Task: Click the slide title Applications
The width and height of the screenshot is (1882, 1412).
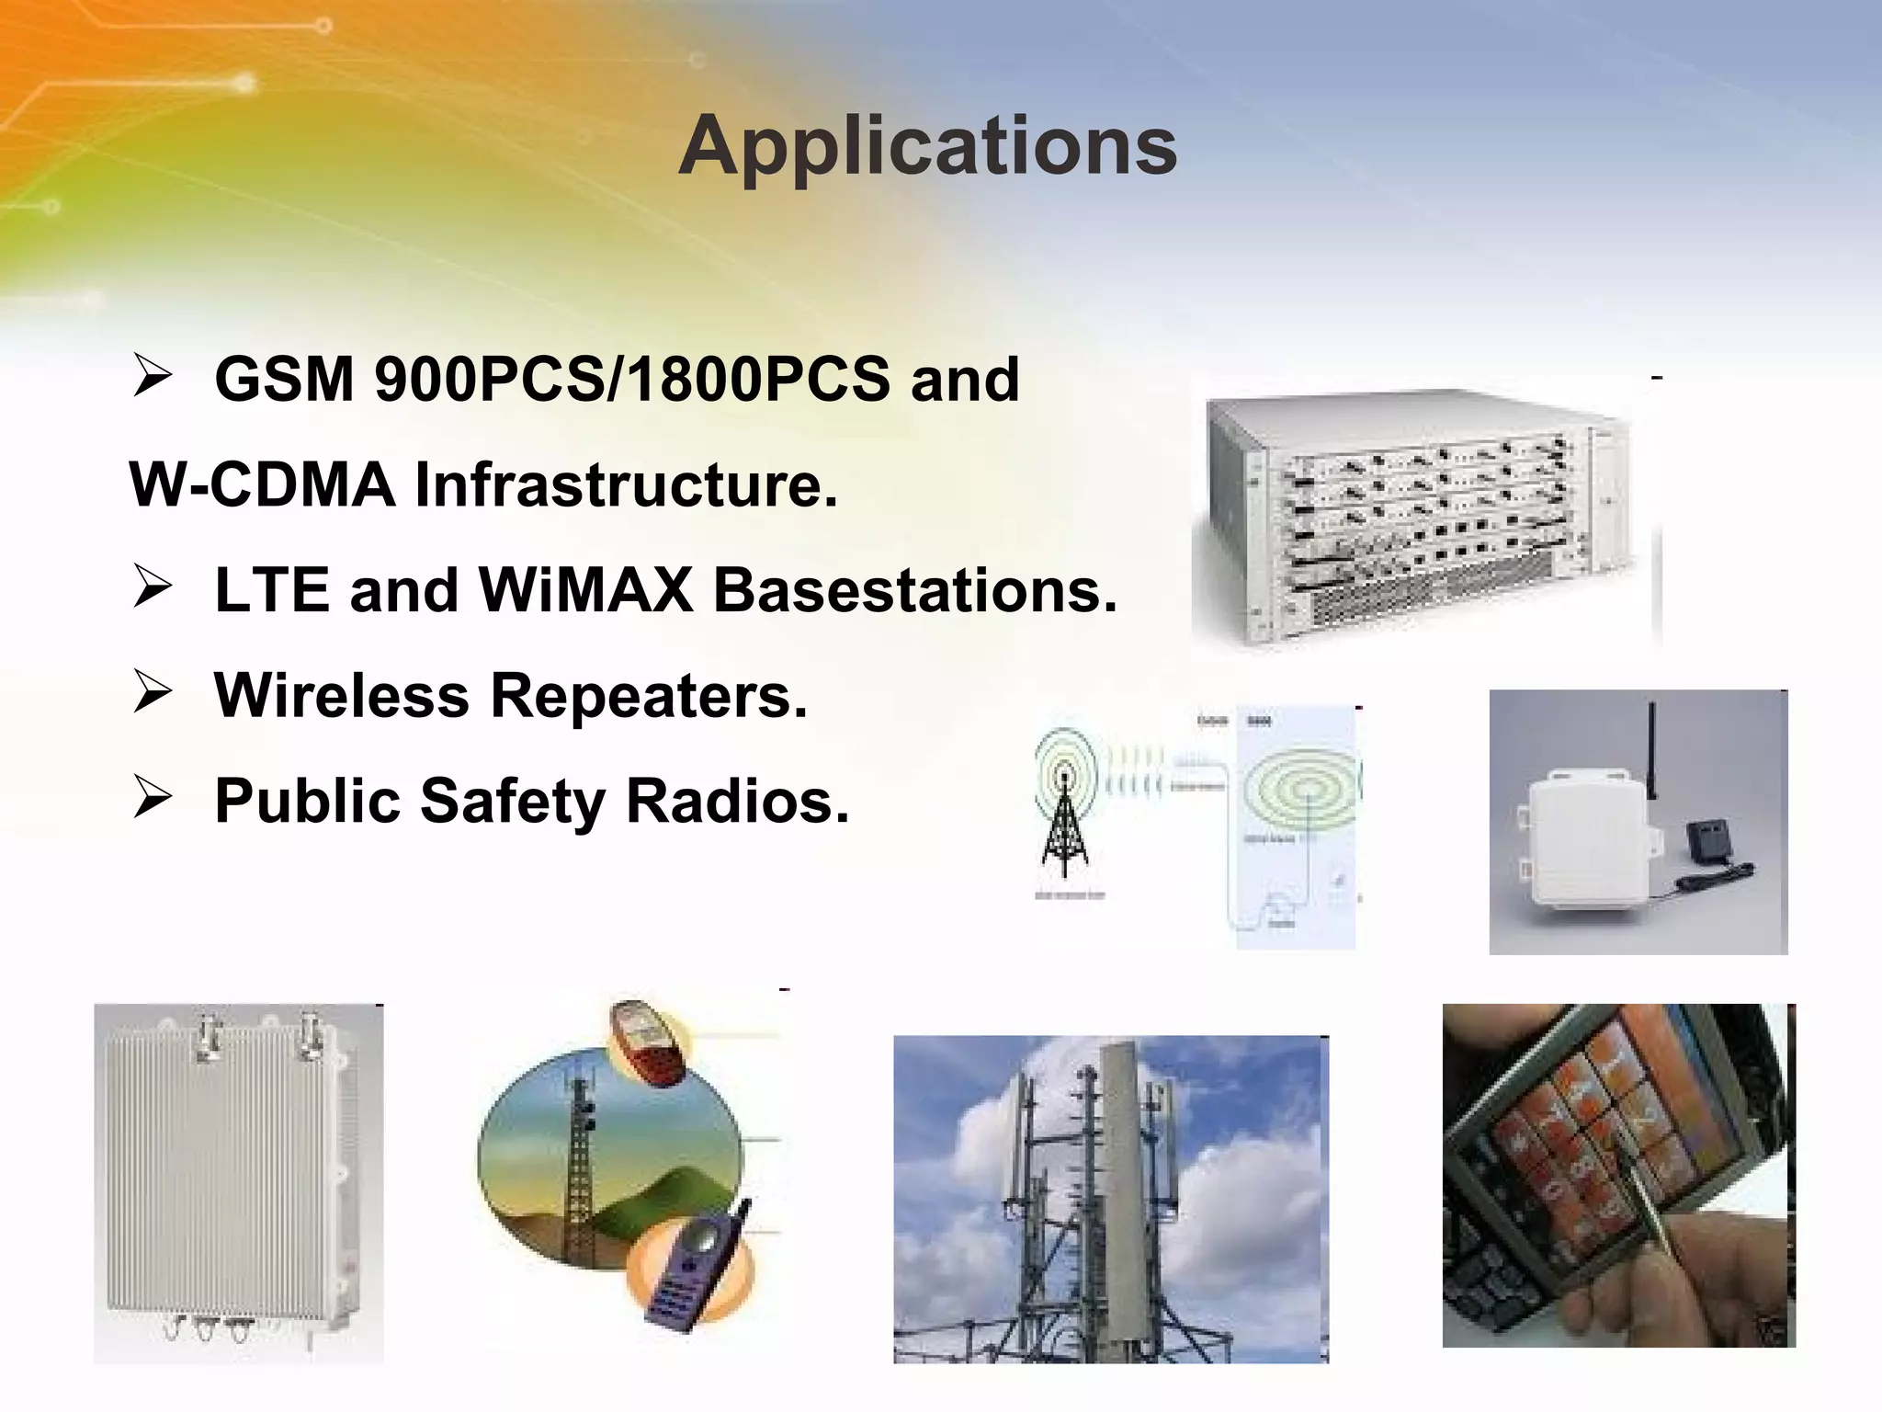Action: (927, 147)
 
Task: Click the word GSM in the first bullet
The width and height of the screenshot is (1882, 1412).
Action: (284, 379)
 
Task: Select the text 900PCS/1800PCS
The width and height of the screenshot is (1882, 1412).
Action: (632, 379)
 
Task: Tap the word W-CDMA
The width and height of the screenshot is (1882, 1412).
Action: (262, 484)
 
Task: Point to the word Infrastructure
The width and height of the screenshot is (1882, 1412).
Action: (626, 484)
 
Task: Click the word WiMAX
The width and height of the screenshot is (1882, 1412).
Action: (585, 589)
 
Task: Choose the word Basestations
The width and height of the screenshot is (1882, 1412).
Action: (915, 589)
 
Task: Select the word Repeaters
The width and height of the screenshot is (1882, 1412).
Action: (649, 695)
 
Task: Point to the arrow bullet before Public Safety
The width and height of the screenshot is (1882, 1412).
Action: (152, 798)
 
